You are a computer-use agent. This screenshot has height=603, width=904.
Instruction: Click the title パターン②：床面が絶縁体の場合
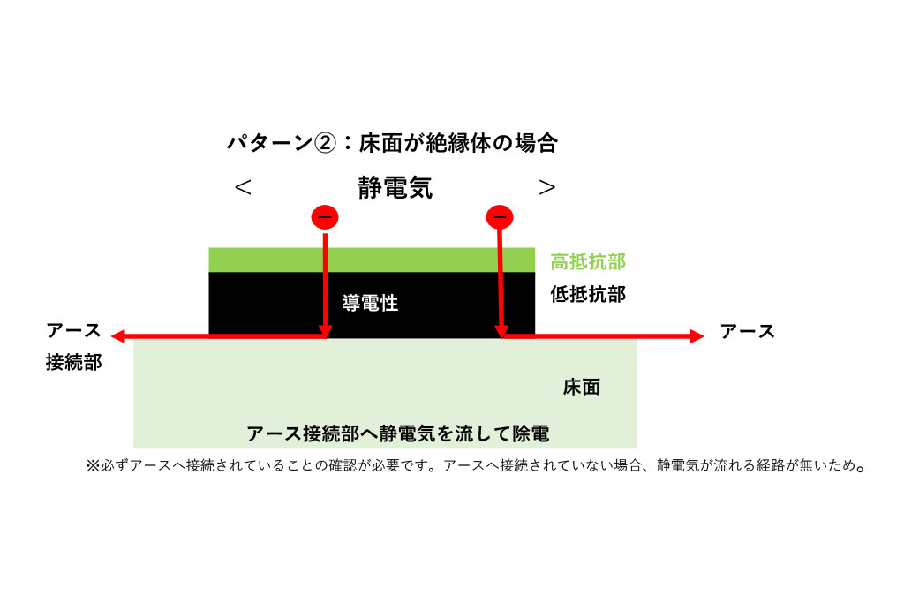click(x=392, y=144)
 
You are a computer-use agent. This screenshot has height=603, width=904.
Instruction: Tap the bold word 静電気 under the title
click(x=395, y=187)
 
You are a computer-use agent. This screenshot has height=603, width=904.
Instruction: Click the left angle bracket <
click(x=243, y=187)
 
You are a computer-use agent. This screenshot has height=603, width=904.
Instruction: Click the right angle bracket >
click(x=547, y=187)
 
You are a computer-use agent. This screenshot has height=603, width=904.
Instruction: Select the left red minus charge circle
click(x=325, y=216)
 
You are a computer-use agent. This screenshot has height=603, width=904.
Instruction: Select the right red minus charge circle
click(x=500, y=216)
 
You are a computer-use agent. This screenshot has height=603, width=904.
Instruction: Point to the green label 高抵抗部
click(x=587, y=261)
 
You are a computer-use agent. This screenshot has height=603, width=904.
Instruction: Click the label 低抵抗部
click(x=587, y=294)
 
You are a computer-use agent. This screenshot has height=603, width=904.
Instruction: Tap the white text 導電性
click(x=370, y=304)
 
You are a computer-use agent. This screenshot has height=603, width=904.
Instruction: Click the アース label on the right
click(x=747, y=331)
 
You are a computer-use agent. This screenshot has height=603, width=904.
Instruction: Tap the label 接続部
click(x=73, y=363)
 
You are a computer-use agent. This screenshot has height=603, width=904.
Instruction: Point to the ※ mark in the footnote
click(x=92, y=466)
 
